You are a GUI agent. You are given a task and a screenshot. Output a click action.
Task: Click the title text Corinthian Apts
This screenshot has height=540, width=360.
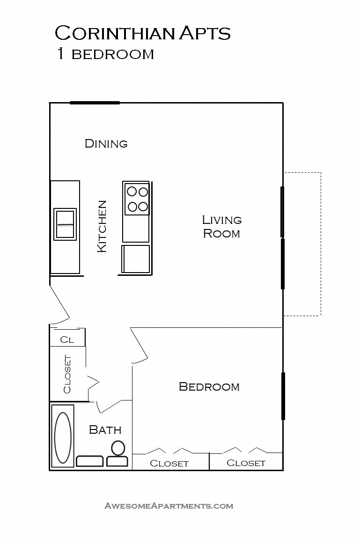tap(143, 34)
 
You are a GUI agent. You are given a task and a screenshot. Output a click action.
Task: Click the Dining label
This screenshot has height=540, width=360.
tap(106, 143)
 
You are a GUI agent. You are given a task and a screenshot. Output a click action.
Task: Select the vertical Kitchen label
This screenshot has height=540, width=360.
tap(102, 226)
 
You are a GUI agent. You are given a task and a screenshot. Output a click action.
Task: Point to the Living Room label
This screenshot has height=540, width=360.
tap(221, 226)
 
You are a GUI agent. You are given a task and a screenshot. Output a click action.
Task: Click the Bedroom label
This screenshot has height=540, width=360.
tap(209, 387)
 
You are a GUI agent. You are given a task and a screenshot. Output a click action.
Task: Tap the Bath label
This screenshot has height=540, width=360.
tap(105, 429)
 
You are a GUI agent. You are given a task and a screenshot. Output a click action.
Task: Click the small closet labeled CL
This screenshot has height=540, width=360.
tap(67, 340)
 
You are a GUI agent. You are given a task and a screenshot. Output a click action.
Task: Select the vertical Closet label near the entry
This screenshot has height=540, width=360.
tap(67, 374)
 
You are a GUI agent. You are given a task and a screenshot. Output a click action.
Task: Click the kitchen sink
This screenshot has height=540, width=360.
tap(65, 224)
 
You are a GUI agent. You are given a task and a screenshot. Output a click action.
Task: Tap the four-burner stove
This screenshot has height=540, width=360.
tap(137, 199)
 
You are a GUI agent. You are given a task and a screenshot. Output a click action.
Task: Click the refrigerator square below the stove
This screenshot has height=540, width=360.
tap(136, 259)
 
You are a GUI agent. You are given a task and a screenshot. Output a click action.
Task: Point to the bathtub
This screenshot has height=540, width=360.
tap(63, 436)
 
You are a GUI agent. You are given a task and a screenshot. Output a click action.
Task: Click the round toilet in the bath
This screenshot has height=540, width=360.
tap(118, 449)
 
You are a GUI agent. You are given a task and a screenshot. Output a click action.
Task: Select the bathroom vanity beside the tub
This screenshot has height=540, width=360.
tap(90, 461)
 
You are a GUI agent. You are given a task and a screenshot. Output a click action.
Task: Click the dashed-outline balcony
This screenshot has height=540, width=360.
tap(302, 244)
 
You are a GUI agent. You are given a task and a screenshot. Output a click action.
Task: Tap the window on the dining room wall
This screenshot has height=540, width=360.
tap(95, 103)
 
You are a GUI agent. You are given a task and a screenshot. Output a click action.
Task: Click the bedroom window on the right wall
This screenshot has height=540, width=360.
tap(283, 396)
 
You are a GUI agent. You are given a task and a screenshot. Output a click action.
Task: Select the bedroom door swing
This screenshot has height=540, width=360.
tap(140, 347)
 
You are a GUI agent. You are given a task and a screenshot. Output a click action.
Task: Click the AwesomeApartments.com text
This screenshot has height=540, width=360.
tap(169, 506)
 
